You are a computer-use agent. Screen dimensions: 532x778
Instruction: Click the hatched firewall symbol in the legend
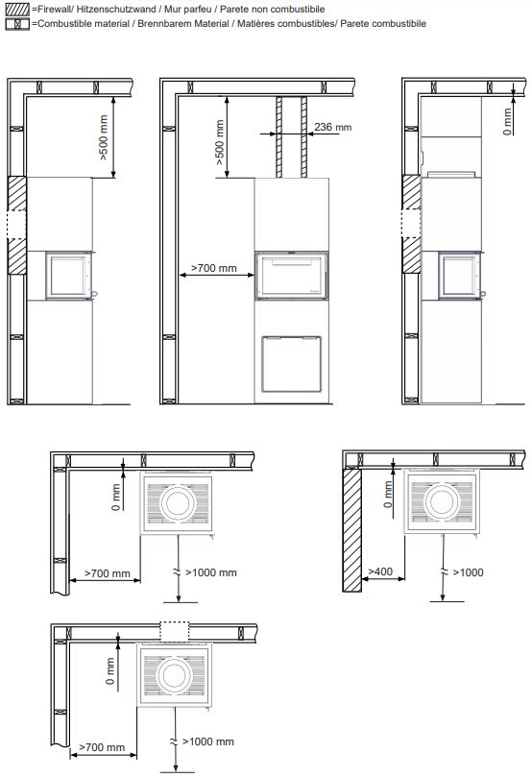pos(17,9)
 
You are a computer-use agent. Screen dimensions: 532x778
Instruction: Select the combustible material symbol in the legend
pos(17,24)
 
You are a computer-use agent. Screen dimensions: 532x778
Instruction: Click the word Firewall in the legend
pos(53,9)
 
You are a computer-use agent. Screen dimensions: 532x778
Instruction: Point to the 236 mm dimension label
pos(332,127)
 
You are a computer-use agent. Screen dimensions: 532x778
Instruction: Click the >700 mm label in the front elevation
pos(214,268)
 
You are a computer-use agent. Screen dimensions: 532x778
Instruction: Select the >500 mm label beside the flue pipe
pos(220,143)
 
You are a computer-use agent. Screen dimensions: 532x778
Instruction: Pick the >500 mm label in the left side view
pos(103,138)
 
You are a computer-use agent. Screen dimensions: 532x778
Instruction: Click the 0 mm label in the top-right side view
pos(507,122)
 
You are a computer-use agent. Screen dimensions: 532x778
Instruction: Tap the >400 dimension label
pos(380,571)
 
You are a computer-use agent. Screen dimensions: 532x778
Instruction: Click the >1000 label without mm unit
pos(468,572)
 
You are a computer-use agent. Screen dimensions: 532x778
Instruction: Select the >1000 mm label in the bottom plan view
pos(208,742)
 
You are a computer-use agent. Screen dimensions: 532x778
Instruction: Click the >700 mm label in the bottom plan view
pos(102,747)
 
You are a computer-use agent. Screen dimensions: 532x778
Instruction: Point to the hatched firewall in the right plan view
pos(351,529)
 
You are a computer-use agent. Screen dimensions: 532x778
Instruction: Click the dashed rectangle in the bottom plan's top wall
pos(175,631)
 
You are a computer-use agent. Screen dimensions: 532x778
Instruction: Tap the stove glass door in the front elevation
pos(292,276)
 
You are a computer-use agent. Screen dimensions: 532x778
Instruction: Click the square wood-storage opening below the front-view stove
pos(292,364)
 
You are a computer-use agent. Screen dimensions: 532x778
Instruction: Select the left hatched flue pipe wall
pos(278,137)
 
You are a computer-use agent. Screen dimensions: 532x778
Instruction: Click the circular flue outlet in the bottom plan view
pos(174,674)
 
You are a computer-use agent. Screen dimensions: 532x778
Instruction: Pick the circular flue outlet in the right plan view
pos(441,501)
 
